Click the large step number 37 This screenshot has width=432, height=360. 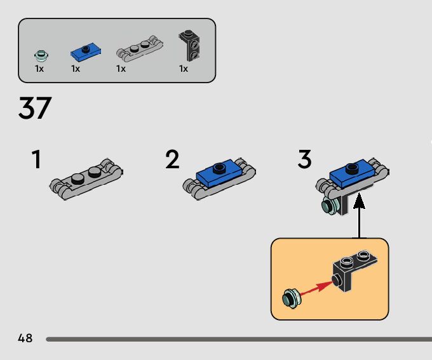34,109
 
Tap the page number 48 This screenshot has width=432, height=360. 25,338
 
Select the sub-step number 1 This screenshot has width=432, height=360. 37,160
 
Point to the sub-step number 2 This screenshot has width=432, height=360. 172,160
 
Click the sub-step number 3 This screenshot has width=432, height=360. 305,160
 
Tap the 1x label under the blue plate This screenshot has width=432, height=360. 76,69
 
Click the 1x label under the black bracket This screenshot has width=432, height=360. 184,69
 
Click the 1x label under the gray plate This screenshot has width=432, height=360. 121,69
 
